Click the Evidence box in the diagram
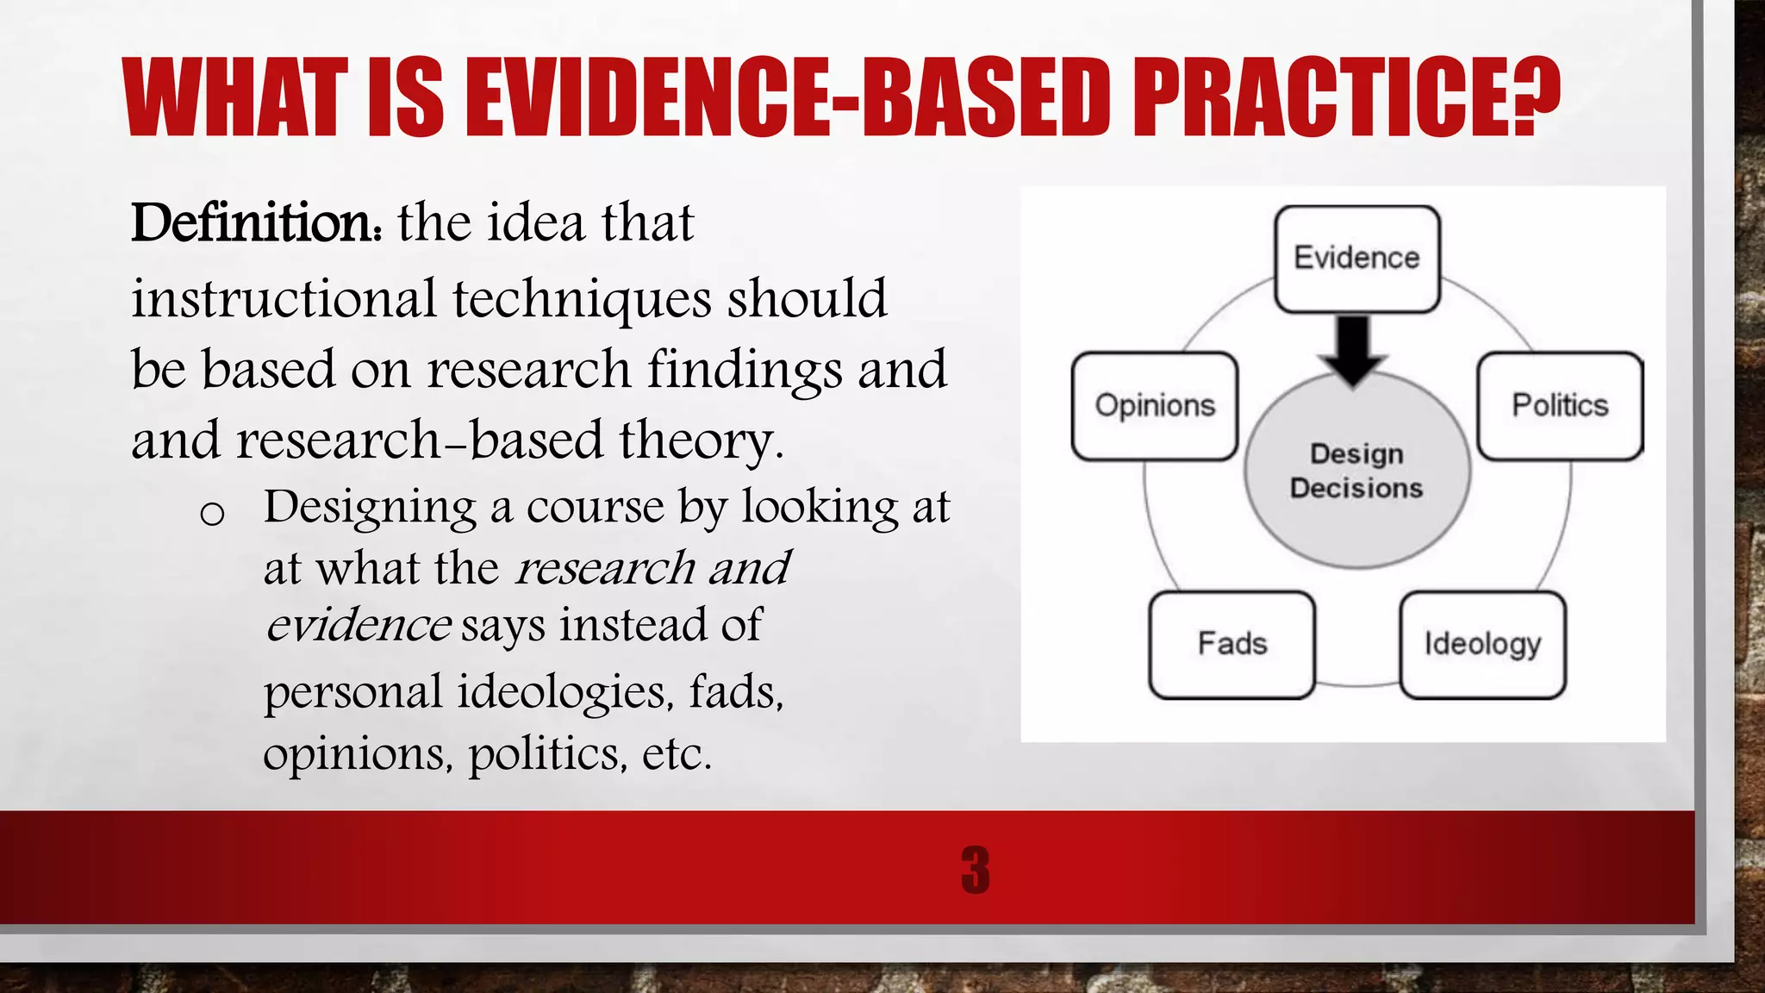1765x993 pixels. tap(1356, 259)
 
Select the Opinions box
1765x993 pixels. tap(1155, 406)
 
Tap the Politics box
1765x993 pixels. tap(1560, 406)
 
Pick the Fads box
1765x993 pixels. tap(1232, 644)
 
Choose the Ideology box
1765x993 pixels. tap(1482, 644)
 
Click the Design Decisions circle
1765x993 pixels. tap(1356, 483)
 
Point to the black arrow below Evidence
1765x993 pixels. tap(1354, 349)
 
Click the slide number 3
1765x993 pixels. tap(976, 870)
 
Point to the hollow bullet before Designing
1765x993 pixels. tap(212, 515)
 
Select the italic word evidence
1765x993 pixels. tap(358, 625)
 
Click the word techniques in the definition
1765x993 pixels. tap(582, 299)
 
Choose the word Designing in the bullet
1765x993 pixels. tap(370, 507)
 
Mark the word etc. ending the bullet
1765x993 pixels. tap(677, 754)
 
